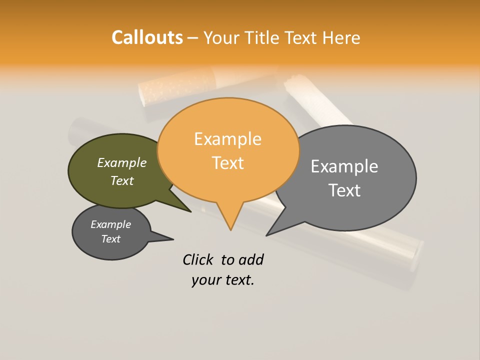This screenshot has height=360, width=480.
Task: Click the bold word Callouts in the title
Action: [147, 37]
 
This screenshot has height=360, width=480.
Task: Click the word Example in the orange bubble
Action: [227, 139]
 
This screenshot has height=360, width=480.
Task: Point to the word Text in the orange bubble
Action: [227, 163]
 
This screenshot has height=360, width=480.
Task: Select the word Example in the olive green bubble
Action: [122, 162]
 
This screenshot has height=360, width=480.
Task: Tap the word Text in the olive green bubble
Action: [122, 180]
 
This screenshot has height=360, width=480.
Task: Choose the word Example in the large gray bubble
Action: [344, 166]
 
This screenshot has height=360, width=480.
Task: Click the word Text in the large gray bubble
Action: [344, 190]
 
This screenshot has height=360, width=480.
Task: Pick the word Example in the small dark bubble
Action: [111, 224]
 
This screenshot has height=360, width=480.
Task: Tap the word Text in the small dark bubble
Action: [111, 239]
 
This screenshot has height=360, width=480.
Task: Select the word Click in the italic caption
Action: [197, 259]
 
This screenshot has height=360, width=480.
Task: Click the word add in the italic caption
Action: [251, 259]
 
